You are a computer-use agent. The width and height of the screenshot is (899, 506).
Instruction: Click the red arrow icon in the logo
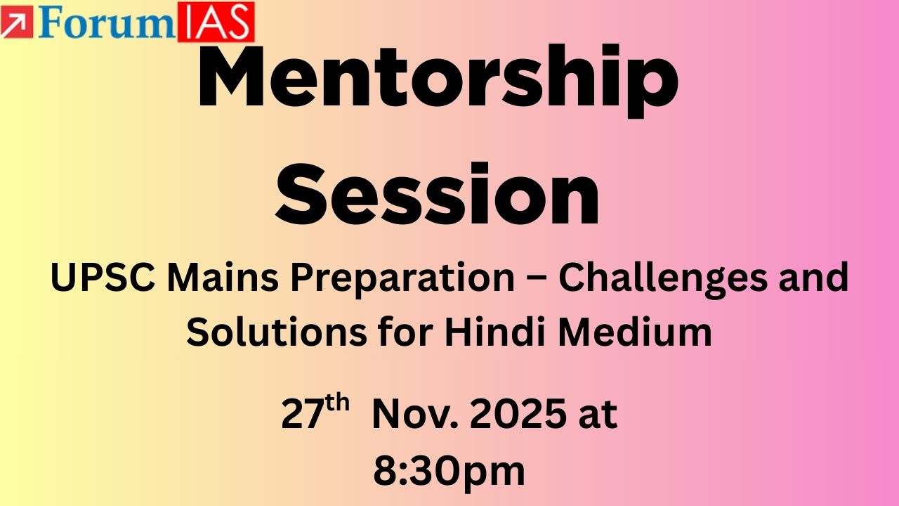pyautogui.click(x=11, y=22)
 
